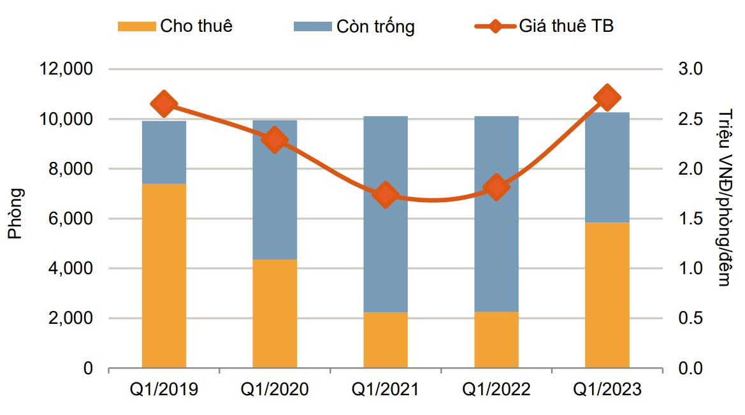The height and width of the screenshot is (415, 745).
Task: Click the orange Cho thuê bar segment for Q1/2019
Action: (164, 276)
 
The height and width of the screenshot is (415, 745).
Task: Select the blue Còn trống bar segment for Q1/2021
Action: (386, 214)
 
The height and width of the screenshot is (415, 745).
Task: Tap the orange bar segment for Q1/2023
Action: (607, 295)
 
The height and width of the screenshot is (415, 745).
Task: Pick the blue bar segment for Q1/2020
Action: (275, 189)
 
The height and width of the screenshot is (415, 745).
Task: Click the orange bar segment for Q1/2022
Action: (496, 340)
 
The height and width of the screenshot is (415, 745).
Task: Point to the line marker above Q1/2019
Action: (164, 104)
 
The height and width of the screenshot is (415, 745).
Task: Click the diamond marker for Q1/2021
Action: (386, 194)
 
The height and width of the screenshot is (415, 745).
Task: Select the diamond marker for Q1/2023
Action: (607, 98)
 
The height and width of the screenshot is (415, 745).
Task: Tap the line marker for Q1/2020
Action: (275, 140)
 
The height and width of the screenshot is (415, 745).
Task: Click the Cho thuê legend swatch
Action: (136, 26)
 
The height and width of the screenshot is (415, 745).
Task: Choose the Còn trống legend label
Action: (376, 27)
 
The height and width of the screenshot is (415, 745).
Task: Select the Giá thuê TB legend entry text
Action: (567, 26)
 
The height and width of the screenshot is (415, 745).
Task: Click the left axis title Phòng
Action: (15, 214)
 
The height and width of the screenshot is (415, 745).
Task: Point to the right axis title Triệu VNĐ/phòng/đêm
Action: (725, 198)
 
